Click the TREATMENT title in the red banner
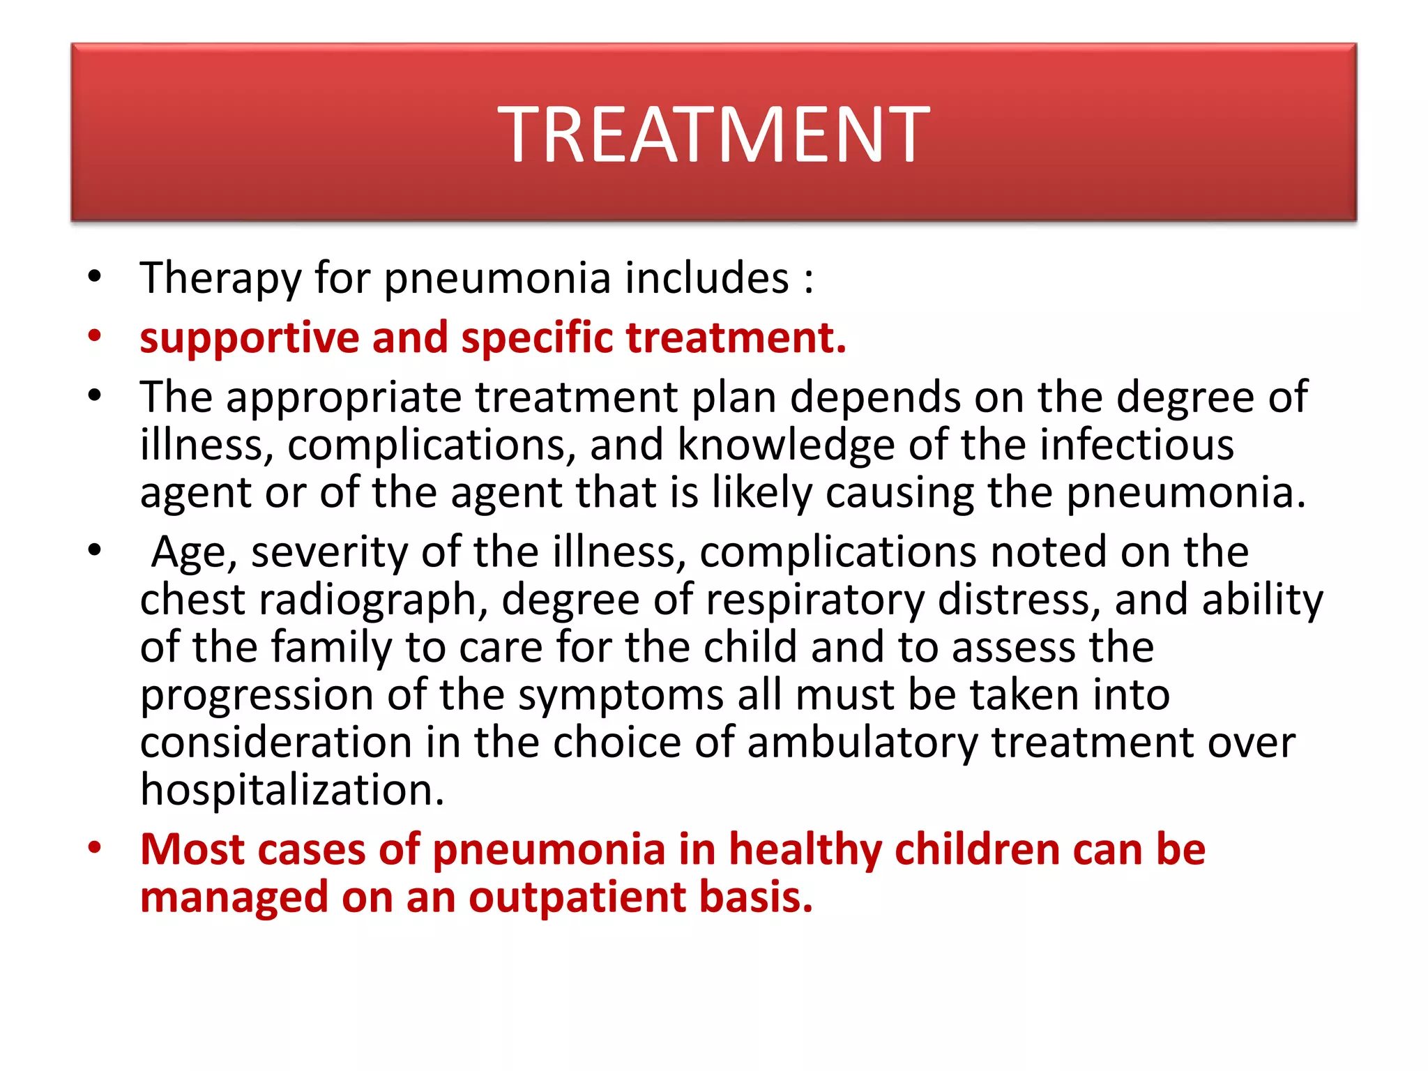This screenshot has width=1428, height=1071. [713, 134]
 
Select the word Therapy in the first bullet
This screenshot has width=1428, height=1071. [220, 279]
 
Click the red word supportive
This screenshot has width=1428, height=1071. [249, 339]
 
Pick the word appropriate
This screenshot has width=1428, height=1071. [343, 399]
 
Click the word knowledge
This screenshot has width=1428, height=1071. [786, 446]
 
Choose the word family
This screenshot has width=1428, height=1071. [331, 648]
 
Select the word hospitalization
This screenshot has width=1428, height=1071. [292, 791]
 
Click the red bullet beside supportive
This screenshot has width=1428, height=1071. [95, 336]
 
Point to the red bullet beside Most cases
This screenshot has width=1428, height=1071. [95, 848]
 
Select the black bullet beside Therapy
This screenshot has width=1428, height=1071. [95, 276]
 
